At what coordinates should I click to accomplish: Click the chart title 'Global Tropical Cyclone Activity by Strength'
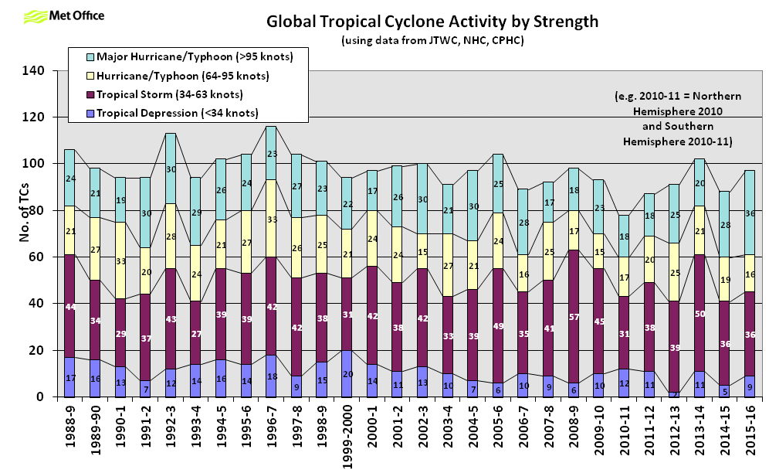coord(432,21)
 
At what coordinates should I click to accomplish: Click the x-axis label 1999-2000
coord(347,435)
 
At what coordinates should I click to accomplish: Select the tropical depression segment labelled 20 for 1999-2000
coord(347,373)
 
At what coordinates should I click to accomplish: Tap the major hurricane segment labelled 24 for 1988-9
coord(69,178)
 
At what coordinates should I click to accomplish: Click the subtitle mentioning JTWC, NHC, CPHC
coord(432,39)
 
